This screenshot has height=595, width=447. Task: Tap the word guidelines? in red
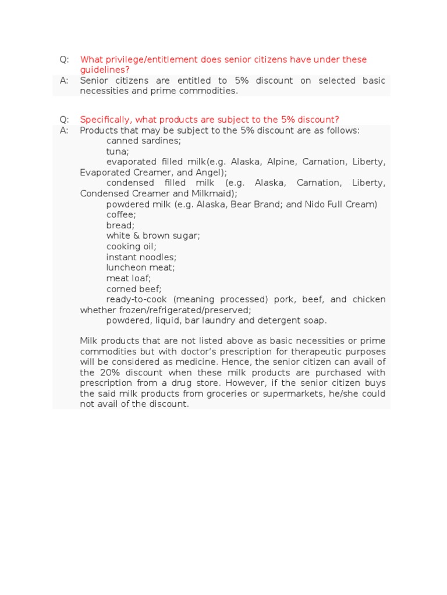click(105, 70)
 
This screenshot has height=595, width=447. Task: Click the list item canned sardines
click(144, 141)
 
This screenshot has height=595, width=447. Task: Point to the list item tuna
click(118, 151)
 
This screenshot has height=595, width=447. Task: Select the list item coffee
click(121, 214)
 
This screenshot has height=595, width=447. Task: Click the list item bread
click(120, 225)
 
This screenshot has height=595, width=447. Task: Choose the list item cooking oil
click(131, 246)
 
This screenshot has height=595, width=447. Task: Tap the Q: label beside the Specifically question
click(64, 120)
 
